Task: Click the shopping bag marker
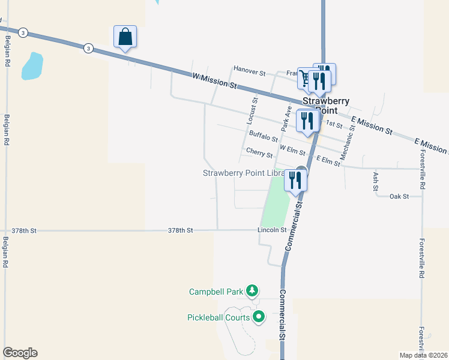pos(125,37)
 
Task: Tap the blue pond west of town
pos(32,66)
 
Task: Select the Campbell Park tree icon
pos(252,292)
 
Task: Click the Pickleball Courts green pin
pos(259,316)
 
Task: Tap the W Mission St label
pos(215,80)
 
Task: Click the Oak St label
pos(399,196)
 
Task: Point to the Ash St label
pos(376,182)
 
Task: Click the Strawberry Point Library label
pos(243,173)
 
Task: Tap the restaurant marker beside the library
pos(295,179)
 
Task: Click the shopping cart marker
pos(306,79)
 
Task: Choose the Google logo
pos(20,353)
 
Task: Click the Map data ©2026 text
pos(424,355)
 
